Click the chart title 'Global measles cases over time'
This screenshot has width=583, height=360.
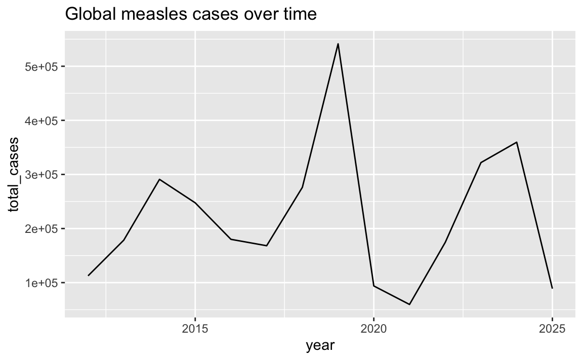tap(191, 15)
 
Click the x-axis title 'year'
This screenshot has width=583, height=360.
tap(320, 346)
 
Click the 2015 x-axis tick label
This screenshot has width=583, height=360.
tap(195, 328)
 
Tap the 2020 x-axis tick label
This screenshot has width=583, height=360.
tap(373, 328)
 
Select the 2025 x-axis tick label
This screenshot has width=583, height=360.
tap(552, 328)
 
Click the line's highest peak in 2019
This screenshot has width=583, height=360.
tap(338, 44)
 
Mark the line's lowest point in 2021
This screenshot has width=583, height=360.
tap(409, 304)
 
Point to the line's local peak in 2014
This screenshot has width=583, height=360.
tap(159, 179)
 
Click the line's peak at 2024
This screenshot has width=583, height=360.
tap(517, 142)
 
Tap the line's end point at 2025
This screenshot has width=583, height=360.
tap(552, 288)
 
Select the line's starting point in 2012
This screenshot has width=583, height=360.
tap(88, 275)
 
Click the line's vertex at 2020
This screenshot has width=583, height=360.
tap(373, 286)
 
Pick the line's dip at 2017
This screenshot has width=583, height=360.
tap(267, 246)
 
